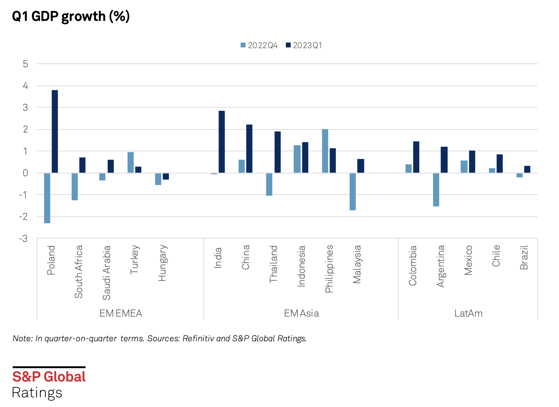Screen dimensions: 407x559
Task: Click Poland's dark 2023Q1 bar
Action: point(55,131)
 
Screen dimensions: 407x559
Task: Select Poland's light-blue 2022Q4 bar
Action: point(47,198)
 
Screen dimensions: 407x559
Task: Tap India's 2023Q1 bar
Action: point(222,142)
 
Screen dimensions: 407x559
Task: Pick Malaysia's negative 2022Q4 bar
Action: point(353,192)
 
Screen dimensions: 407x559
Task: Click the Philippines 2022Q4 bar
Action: point(325,151)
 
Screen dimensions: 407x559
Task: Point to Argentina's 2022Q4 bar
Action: point(436,190)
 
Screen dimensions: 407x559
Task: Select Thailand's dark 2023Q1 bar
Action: point(278,152)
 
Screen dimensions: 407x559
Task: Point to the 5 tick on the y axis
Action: point(25,64)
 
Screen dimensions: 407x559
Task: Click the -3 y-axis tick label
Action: point(24,239)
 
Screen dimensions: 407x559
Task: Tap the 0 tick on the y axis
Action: point(25,173)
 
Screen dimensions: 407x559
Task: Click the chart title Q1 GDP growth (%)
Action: point(71,16)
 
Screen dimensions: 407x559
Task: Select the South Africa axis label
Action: point(78,271)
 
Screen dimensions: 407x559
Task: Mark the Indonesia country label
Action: point(301,266)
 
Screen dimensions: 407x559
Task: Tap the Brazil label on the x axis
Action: point(524,258)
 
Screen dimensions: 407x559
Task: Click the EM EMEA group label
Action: point(121,313)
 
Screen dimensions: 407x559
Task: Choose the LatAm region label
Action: point(468,313)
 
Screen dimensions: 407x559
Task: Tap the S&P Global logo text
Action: point(49,377)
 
